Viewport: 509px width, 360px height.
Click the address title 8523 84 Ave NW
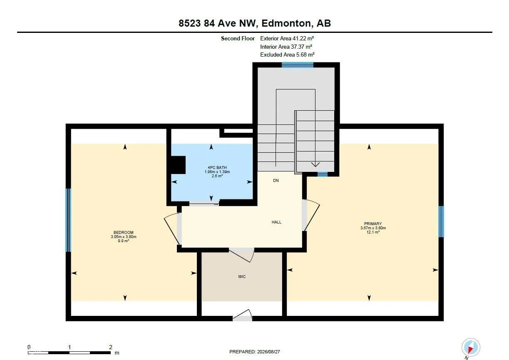click(218, 23)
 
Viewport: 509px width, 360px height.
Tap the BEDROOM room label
click(123, 232)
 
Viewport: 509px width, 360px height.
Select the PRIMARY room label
click(373, 223)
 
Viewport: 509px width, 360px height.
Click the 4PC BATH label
click(217, 167)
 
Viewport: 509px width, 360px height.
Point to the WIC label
click(242, 277)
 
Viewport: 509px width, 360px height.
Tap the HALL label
click(276, 222)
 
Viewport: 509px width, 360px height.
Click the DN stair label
click(276, 181)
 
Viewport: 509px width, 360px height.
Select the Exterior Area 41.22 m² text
click(287, 38)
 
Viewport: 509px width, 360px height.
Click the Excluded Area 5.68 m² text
click(287, 55)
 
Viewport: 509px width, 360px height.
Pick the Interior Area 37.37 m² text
click(286, 47)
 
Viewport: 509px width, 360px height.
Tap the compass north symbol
click(471, 348)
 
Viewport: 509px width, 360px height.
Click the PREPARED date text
click(255, 352)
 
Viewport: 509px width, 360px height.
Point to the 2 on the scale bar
click(110, 347)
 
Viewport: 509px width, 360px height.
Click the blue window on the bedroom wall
click(68, 220)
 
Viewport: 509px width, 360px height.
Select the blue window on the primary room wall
click(441, 221)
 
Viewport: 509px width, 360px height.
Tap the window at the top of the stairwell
click(298, 65)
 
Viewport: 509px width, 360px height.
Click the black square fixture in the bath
click(178, 165)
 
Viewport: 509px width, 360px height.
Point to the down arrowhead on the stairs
click(315, 164)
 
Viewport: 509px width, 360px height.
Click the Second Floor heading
click(238, 38)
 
